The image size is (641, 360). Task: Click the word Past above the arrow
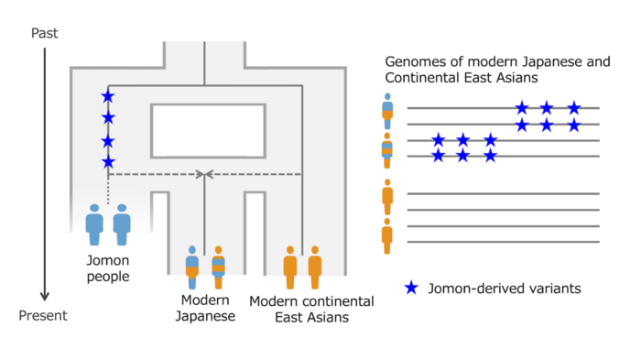pos(45,33)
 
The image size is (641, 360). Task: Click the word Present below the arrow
pos(45,317)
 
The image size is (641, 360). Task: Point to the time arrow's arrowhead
pos(45,297)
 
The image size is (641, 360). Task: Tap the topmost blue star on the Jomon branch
pos(108,96)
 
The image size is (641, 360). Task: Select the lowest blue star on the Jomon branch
pos(108,162)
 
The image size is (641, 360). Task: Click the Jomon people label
pos(107,268)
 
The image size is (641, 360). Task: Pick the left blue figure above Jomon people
pos(94,224)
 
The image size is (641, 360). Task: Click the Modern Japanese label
pos(206,308)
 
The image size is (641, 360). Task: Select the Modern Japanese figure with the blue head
pos(192,261)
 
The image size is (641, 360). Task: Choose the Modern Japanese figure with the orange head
pos(218,261)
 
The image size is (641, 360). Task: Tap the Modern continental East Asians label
pos(311,309)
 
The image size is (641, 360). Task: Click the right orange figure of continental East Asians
pos(315,261)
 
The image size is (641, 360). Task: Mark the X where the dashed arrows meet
pos(205,174)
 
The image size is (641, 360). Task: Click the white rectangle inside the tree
pos(208,130)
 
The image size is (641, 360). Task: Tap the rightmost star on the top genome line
pos(574,108)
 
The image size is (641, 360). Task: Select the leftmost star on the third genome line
pos(439,140)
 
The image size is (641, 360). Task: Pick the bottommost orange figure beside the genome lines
pos(387,235)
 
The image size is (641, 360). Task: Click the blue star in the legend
pos(412,288)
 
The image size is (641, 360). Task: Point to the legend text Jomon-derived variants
pos(505,289)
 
